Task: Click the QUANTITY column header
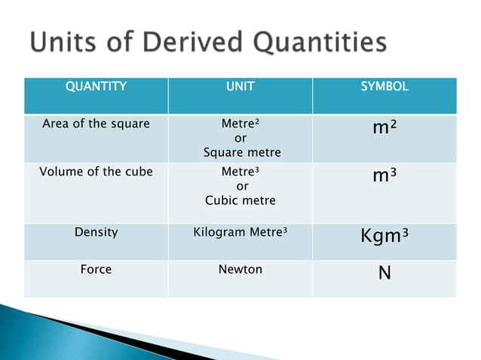[96, 87]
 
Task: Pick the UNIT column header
[240, 87]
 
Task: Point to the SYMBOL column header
[384, 87]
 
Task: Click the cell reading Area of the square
[96, 124]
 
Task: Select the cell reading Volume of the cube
[96, 172]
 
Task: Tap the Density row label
[96, 233]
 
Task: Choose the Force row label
[96, 269]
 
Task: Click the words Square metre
[242, 153]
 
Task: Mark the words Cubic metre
[240, 200]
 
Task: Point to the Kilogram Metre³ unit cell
[240, 233]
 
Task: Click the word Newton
[240, 269]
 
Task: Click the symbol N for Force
[384, 272]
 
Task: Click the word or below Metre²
[240, 139]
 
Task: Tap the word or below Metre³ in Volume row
[242, 186]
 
